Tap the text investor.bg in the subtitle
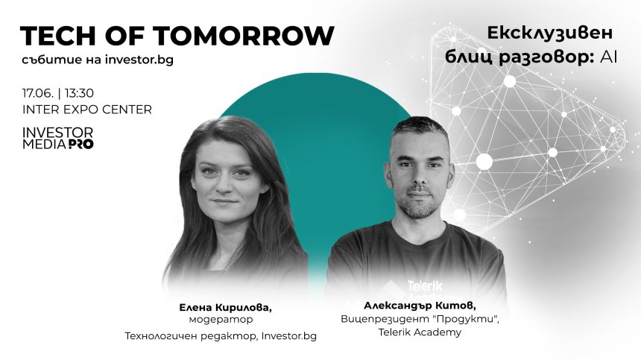(x=136, y=60)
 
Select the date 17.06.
(x=36, y=95)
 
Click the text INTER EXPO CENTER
(x=86, y=110)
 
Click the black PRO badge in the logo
(x=80, y=144)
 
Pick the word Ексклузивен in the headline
(x=549, y=34)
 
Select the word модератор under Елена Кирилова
(x=221, y=320)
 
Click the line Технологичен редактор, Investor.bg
(x=221, y=336)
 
